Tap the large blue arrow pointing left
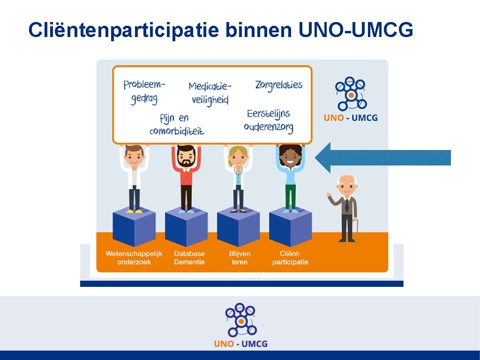[x=382, y=157]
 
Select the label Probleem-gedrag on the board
[x=144, y=91]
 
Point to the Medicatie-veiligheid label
[x=210, y=93]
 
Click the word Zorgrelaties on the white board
[x=278, y=85]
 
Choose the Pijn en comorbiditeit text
[x=177, y=124]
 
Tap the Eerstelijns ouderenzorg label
[x=269, y=120]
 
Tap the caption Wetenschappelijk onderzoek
[x=134, y=258]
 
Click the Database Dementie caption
[x=189, y=258]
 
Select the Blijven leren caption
[x=240, y=258]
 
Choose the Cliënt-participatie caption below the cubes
[x=291, y=258]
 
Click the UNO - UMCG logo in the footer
[x=240, y=325]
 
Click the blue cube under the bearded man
[x=186, y=228]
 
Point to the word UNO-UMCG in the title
[x=355, y=30]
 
